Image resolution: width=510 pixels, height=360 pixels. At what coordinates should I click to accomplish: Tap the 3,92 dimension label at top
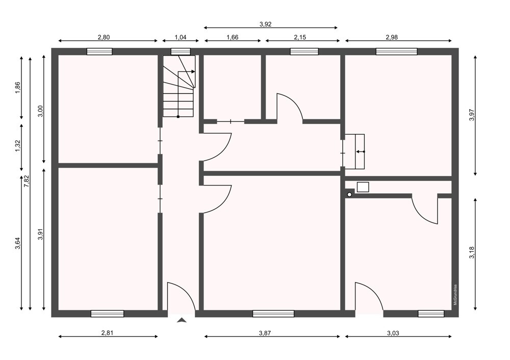[x=265, y=24]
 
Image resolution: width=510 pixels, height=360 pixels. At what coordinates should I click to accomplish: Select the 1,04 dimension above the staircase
[x=181, y=37]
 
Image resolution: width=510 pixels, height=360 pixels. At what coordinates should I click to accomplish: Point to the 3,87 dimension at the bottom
[x=265, y=332]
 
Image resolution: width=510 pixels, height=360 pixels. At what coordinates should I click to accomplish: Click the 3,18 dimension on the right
[x=472, y=253]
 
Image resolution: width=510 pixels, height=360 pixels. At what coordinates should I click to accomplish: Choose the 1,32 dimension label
[x=17, y=145]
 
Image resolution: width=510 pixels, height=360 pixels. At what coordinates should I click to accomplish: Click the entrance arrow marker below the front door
[x=182, y=320]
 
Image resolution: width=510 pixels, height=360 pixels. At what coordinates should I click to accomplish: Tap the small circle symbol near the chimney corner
[x=349, y=194]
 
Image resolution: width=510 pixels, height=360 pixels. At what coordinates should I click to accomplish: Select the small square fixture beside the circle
[x=363, y=187]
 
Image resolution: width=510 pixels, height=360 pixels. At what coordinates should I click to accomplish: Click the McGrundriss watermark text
[x=455, y=295]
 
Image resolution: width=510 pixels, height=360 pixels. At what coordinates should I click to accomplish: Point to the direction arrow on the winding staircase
[x=187, y=71]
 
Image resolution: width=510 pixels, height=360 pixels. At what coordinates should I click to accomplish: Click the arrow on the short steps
[x=360, y=151]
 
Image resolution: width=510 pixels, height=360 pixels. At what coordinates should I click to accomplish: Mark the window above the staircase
[x=181, y=52]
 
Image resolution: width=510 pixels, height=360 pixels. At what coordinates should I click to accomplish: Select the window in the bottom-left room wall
[x=107, y=314]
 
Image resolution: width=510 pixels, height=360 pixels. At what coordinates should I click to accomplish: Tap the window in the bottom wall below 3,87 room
[x=273, y=314]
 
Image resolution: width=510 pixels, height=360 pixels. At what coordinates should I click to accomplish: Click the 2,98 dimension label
[x=392, y=37]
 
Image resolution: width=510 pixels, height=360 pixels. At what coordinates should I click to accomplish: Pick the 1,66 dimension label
[x=232, y=37]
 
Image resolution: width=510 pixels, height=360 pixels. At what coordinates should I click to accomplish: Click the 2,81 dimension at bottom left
[x=107, y=332]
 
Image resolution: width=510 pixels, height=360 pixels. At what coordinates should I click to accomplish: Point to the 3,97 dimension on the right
[x=472, y=114]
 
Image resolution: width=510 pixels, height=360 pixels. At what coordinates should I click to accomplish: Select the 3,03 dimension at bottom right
[x=393, y=332]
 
